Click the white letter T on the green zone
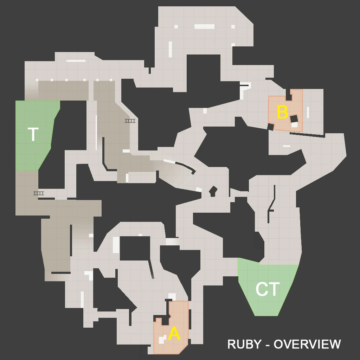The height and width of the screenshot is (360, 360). pos(33,135)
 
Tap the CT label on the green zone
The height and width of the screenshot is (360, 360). pos(268,289)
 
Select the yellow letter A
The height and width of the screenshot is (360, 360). pos(174,334)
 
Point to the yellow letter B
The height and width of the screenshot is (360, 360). pos(282,112)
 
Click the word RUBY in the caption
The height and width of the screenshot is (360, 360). pos(244,345)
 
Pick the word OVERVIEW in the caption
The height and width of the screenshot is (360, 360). pos(307,345)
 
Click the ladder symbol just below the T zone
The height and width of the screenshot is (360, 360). pos(39,193)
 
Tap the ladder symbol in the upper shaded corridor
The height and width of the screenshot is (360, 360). pos(130,121)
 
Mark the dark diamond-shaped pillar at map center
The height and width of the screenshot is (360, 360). pos(213,191)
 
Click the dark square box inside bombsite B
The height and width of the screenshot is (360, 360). pos(294,119)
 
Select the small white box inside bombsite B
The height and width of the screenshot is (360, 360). pos(295,124)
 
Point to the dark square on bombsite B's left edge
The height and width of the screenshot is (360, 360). pos(270,127)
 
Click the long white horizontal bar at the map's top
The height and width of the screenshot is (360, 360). pos(204,26)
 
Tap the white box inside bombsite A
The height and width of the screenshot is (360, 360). pos(161,340)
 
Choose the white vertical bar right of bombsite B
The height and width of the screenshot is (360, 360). pos(308,112)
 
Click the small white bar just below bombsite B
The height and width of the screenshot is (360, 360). pos(287,146)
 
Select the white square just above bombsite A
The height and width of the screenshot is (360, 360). pos(172,296)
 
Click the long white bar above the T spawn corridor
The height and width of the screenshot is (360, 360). pos(76,61)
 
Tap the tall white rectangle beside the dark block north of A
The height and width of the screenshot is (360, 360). pos(116,245)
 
